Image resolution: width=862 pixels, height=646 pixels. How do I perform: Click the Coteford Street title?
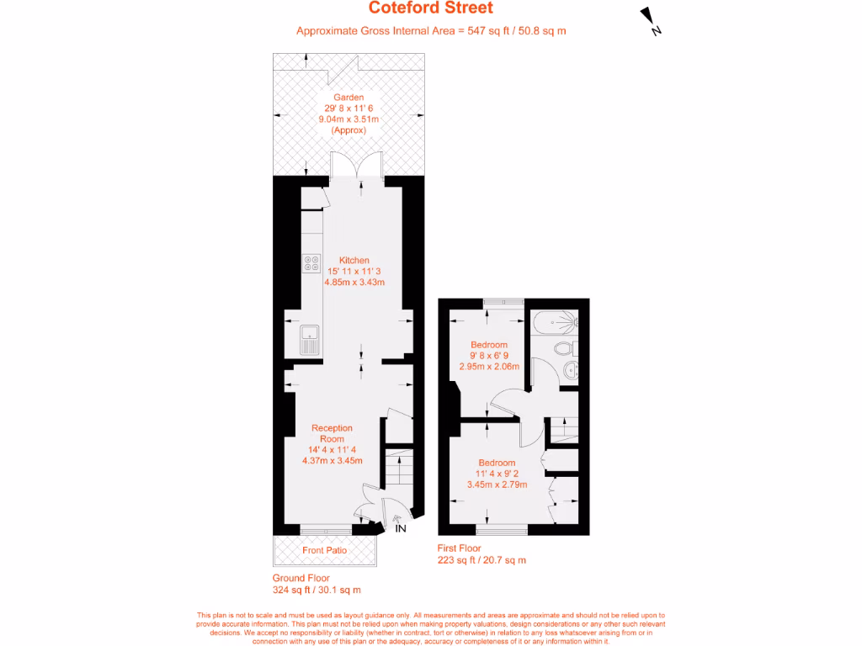point(430,8)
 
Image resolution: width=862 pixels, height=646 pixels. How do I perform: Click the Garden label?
point(349,98)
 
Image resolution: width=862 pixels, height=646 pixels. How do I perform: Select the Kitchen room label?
point(354,260)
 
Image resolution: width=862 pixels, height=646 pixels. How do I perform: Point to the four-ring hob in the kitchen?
point(311,263)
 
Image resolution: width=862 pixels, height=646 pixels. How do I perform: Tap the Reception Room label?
point(332,433)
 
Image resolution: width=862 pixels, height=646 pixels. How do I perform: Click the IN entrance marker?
point(401,528)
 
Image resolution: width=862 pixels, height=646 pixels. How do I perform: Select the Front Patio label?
point(324,550)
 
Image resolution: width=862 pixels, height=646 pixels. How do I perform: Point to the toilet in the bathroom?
point(563,348)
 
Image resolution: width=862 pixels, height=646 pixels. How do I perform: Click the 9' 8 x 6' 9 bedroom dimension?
point(489,356)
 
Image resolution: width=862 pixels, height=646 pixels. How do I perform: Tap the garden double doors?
point(357,166)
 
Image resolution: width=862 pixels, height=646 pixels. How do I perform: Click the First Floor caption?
point(460,548)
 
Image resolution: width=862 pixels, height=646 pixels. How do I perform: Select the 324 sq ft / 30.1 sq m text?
point(317,590)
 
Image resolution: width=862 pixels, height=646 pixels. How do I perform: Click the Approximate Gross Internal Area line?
point(430,31)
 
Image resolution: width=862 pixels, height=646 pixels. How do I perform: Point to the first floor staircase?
point(562,429)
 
